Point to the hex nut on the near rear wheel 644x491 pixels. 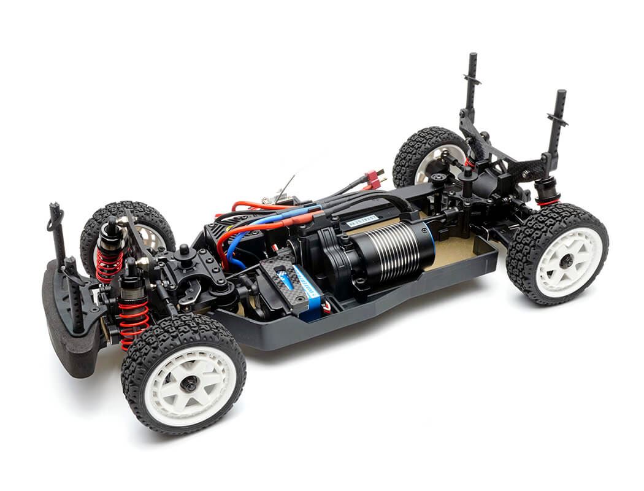pos(565,261)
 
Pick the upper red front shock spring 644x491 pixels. pos(109,264)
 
